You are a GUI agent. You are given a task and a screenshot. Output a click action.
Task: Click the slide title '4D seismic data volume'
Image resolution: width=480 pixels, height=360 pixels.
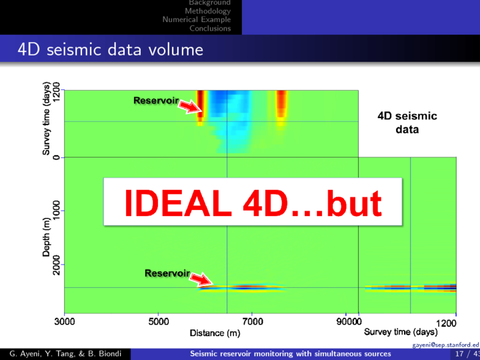[x=110, y=49]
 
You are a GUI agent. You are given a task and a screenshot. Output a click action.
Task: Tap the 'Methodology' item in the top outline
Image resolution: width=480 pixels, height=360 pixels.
[x=207, y=11]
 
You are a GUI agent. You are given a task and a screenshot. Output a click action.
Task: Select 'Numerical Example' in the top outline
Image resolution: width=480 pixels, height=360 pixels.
[x=197, y=19]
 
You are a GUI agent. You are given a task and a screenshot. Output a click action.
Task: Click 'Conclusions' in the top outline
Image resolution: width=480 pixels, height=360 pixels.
[x=210, y=28]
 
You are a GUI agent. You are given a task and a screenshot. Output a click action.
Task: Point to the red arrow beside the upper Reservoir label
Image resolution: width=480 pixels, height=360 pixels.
[x=191, y=107]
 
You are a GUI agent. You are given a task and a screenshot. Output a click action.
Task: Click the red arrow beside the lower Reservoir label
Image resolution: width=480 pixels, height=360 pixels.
[x=201, y=279]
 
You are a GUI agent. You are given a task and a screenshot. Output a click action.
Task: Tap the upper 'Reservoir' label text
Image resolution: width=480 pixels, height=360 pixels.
[x=156, y=100]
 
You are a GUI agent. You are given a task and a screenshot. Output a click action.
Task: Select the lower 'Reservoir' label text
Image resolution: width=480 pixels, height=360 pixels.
[x=167, y=273]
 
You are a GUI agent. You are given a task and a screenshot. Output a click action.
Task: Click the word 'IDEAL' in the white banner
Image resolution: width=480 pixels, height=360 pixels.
[x=178, y=203]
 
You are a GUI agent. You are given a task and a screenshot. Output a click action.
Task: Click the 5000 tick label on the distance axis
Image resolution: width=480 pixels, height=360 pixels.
[x=158, y=321]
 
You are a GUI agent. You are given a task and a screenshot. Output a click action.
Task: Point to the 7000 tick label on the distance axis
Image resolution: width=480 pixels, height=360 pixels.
[x=252, y=321]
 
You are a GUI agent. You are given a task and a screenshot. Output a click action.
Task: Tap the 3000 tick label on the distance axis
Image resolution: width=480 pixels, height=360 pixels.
[x=64, y=321]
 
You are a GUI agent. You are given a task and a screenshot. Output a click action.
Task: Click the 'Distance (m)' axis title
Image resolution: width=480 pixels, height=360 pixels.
[x=215, y=333]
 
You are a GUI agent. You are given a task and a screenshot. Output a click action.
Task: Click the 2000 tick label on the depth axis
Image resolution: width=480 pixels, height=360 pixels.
[x=57, y=265]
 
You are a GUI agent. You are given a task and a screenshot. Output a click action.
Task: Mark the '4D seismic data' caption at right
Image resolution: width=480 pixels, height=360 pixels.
[x=407, y=123]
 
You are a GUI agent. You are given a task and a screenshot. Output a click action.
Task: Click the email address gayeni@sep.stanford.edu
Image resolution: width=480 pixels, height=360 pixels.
[x=446, y=345]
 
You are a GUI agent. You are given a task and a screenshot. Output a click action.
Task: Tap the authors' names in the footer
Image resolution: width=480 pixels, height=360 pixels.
[x=65, y=354]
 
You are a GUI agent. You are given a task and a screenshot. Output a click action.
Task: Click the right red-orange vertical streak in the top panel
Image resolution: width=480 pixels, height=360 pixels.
[x=281, y=108]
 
